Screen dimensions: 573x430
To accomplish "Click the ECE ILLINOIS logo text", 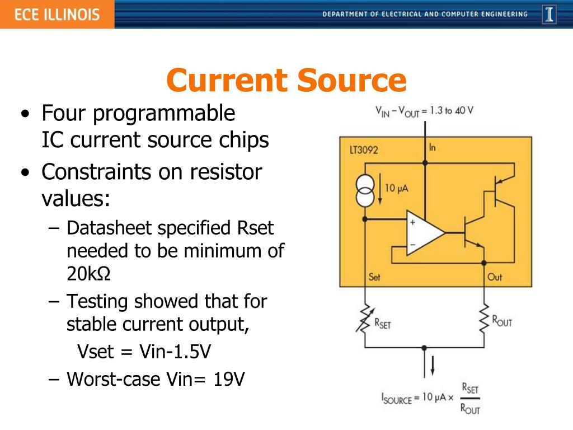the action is pyautogui.click(x=57, y=14).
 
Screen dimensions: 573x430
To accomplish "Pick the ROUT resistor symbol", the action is pyautogui.click(x=484, y=320).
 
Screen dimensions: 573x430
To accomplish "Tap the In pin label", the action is pyautogui.click(x=433, y=147).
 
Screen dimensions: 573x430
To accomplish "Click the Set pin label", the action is pyautogui.click(x=374, y=277).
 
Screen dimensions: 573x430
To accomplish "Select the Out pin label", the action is pyautogui.click(x=494, y=277).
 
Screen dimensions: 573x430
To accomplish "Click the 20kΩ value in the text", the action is pyautogui.click(x=88, y=273).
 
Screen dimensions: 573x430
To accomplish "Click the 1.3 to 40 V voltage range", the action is pyautogui.click(x=448, y=110).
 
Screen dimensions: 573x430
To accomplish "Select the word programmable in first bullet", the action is pyautogui.click(x=164, y=114).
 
